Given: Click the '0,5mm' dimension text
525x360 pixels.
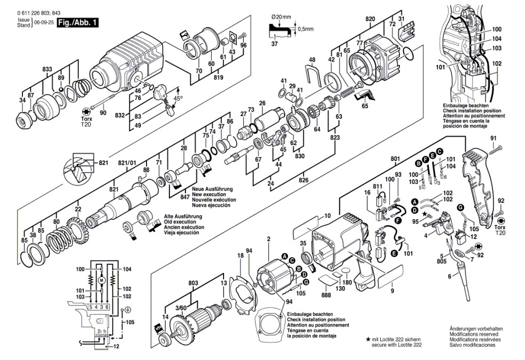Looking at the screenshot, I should (305, 28).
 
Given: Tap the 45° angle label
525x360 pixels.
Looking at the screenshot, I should (177, 98).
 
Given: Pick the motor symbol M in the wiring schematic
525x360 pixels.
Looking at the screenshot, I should (101, 280).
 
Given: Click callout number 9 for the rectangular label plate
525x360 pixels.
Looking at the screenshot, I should (392, 292).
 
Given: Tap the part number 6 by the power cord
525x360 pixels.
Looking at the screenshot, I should (450, 276).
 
